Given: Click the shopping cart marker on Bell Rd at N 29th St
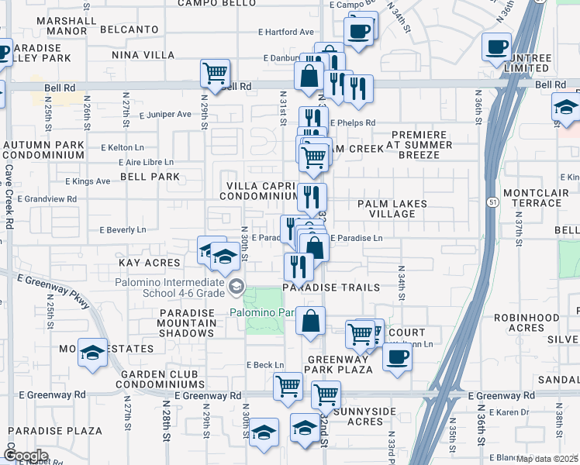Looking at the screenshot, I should pos(215,74).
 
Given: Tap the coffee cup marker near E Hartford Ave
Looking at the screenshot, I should pos(359,31).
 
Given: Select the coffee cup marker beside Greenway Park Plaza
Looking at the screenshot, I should pos(398,357).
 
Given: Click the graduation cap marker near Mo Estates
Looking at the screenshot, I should pos(93,353).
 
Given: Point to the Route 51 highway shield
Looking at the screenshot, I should pos(493,201).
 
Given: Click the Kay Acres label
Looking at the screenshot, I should pos(149,263).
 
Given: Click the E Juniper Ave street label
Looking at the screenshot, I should pos(165,114).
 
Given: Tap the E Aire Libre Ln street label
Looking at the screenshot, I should pos(147,162).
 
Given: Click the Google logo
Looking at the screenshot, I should pos(26,456).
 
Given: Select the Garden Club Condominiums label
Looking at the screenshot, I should pos(162,377).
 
